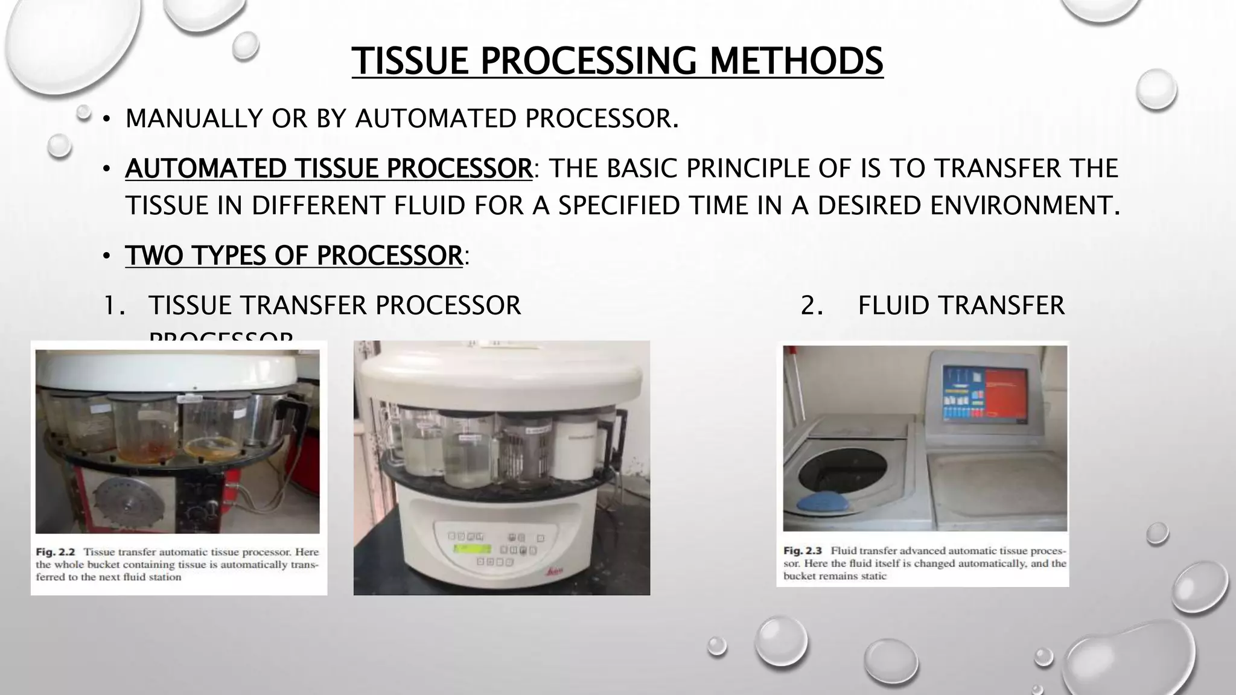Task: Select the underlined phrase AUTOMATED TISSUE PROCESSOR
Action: (329, 168)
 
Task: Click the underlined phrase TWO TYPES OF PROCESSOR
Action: (293, 256)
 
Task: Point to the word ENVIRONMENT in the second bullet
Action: (1024, 206)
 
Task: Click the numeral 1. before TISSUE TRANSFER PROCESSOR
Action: (114, 306)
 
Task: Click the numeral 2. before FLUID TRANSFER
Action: (812, 306)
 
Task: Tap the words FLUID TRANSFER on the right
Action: (961, 306)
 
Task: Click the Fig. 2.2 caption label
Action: (55, 552)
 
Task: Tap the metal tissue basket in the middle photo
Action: (522, 459)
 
